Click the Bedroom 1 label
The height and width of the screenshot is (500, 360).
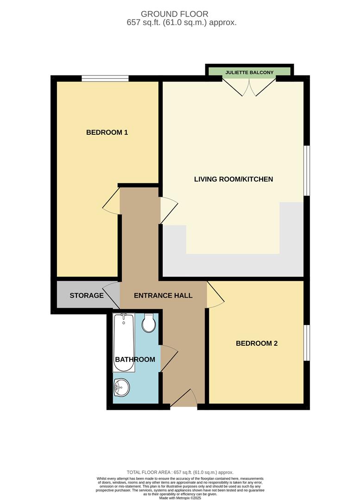point(107,132)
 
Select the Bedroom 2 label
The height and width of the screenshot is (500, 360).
point(257,344)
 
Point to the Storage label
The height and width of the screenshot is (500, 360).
point(87,295)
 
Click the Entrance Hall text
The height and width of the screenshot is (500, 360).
point(163,295)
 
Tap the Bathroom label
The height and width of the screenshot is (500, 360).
point(135,359)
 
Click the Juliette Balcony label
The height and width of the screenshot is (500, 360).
point(250,73)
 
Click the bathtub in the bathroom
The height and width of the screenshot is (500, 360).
point(124,342)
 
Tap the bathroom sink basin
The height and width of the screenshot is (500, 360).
point(121,387)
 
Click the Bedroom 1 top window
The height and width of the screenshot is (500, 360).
point(105,78)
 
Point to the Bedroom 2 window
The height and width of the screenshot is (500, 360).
point(306,343)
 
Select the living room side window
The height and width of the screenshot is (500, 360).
point(306,170)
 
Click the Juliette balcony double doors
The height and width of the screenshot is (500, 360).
point(249,87)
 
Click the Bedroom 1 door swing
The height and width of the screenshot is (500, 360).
point(111,204)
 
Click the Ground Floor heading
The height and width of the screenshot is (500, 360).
point(181,14)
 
